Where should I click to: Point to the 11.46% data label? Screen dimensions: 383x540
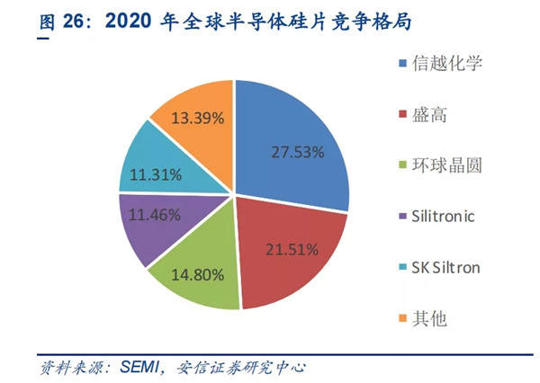pyautogui.click(x=152, y=215)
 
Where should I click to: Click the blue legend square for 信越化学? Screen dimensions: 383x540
pyautogui.click(x=401, y=65)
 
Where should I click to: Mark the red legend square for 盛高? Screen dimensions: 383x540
pyautogui.click(x=401, y=115)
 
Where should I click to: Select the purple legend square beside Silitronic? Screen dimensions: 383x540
pyautogui.click(x=401, y=218)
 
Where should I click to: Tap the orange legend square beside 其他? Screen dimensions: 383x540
pyautogui.click(x=401, y=319)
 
